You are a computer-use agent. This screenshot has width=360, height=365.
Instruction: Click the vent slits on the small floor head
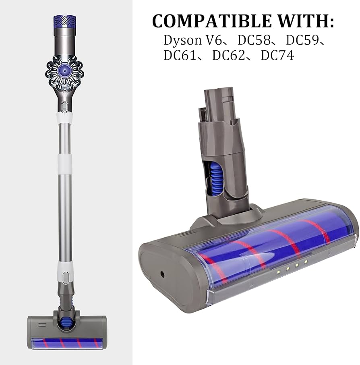pos(41,324)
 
